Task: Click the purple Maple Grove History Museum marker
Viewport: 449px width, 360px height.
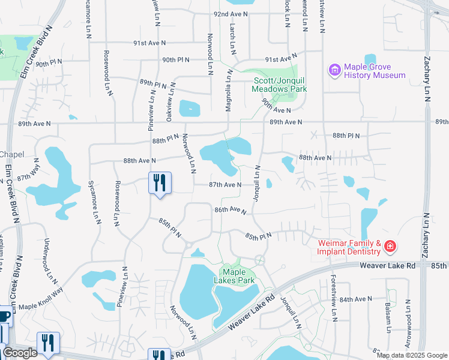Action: (334, 70)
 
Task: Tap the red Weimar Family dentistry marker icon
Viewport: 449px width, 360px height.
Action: (390, 247)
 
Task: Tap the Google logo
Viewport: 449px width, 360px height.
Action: (20, 353)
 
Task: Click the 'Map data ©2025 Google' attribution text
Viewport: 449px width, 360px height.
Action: (412, 355)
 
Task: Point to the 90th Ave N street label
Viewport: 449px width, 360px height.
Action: (276, 110)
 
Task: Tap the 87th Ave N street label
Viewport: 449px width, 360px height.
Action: (225, 185)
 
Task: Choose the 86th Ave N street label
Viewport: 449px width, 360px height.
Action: (231, 210)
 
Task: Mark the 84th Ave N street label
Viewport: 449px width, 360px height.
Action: (356, 298)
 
